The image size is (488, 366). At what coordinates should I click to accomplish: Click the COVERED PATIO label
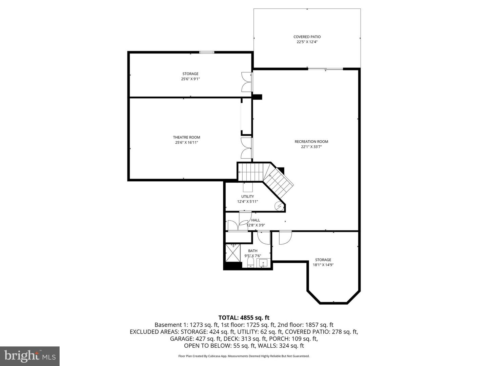307,37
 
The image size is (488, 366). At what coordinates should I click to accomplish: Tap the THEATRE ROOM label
186,137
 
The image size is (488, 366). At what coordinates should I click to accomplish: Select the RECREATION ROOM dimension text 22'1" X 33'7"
311,147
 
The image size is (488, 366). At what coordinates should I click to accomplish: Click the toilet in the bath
250,262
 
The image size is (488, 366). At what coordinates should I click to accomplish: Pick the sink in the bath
263,263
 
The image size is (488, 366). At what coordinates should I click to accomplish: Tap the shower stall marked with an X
232,252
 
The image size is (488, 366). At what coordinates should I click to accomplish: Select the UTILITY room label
247,197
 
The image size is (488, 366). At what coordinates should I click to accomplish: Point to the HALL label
256,220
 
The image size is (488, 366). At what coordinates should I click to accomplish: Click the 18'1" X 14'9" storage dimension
323,265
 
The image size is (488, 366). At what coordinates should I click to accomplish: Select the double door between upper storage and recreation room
246,82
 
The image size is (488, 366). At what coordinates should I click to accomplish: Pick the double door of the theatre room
246,148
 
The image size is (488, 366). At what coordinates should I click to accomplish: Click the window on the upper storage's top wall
206,52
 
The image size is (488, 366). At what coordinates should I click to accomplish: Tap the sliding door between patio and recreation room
325,69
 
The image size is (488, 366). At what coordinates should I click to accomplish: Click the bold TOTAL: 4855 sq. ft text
244,318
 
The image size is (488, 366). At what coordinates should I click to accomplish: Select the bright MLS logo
30,356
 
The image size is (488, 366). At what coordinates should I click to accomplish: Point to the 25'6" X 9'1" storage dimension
190,79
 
